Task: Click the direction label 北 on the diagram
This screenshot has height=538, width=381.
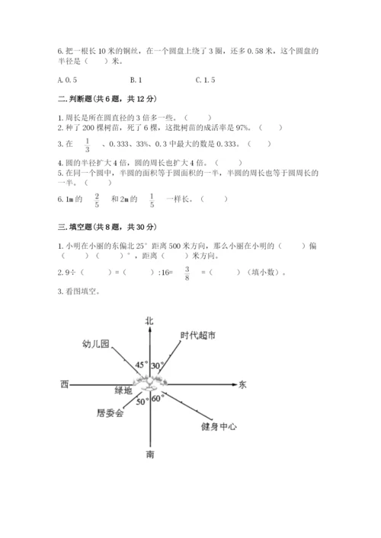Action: pos(149,321)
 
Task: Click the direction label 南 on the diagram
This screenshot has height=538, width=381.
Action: pos(149,454)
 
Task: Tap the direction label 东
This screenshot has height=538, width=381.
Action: pos(242,385)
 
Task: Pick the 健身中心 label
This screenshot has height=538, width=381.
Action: pos(219,426)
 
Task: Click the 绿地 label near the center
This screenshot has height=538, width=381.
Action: pos(123,391)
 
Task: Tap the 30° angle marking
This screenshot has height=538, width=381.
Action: pos(158,366)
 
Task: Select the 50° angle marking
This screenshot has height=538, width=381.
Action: pos(142,402)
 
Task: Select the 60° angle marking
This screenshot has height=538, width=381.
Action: pos(158,399)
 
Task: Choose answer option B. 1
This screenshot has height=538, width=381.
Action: pos(136,79)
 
